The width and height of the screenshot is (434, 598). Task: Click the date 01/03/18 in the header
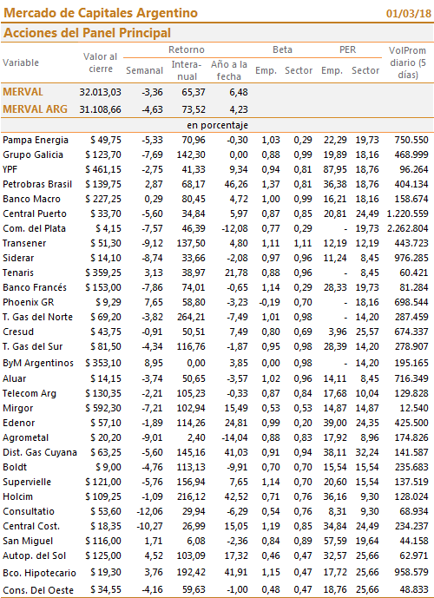409,13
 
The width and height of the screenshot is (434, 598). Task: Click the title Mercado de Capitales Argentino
101,13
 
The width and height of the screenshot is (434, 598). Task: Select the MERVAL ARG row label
35,109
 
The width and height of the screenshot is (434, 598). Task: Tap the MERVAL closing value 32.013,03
101,92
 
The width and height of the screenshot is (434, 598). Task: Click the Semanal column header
145,70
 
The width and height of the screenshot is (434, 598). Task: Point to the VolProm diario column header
407,62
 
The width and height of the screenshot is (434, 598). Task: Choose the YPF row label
10,169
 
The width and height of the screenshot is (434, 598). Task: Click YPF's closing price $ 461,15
103,169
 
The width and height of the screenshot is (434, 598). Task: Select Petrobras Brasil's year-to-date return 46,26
236,184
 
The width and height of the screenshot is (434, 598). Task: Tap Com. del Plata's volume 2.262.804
408,228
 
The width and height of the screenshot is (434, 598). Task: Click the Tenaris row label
18,273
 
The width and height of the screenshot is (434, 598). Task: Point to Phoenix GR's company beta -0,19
270,302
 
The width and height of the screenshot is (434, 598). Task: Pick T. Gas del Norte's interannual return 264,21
191,317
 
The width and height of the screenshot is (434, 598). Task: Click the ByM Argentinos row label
38,363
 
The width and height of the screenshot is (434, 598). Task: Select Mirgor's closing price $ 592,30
103,408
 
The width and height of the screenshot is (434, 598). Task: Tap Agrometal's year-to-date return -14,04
234,437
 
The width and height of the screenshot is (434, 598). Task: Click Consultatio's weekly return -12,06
149,511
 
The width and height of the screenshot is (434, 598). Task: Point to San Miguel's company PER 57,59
335,541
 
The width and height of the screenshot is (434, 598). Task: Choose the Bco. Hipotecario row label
39,573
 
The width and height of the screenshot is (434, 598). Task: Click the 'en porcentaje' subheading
217,126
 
